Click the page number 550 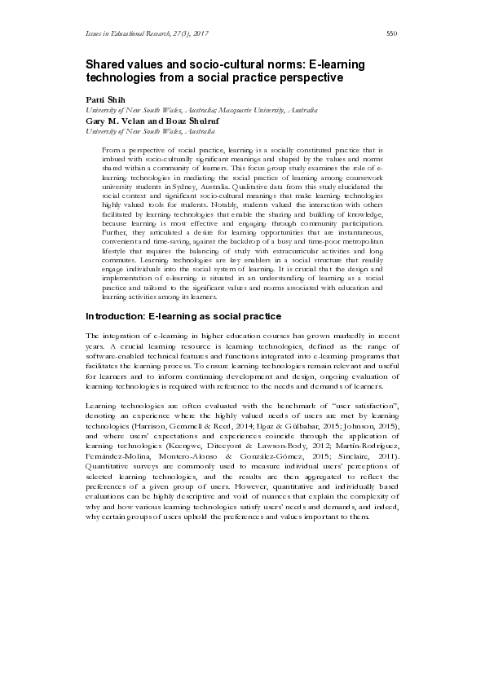tap(390, 33)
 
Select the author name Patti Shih tap(100, 98)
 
